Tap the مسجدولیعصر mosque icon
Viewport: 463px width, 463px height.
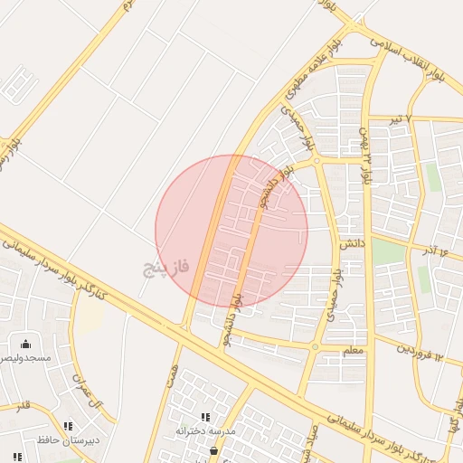click(x=25, y=344)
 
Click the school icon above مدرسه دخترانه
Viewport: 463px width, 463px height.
click(x=206, y=417)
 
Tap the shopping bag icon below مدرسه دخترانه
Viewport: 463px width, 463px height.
click(x=213, y=450)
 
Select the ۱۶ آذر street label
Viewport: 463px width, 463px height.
click(x=434, y=250)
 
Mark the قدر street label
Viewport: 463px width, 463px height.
click(x=21, y=405)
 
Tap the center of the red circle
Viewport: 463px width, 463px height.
click(x=231, y=231)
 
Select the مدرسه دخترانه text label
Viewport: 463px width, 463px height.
click(x=205, y=431)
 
